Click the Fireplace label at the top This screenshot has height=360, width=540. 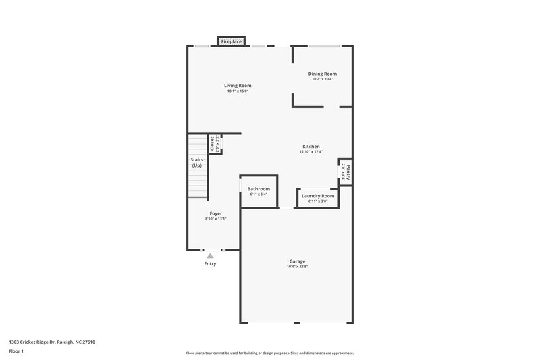[232, 42]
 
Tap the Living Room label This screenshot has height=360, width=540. [238, 86]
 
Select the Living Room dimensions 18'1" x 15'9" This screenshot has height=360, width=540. [238, 91]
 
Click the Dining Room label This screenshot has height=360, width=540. [322, 74]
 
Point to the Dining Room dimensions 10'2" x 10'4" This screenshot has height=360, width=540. [322, 79]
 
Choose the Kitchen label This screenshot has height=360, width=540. [310, 147]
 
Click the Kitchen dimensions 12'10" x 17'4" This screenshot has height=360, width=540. [310, 152]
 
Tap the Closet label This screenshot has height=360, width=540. [212, 144]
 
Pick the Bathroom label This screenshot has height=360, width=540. [259, 189]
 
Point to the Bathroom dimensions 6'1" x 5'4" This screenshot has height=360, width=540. [259, 195]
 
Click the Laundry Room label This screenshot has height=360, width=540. [318, 196]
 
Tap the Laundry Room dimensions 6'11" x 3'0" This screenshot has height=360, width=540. [318, 201]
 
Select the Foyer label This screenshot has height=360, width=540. [215, 213]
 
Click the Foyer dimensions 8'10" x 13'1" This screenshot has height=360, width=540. [215, 219]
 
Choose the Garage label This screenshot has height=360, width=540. [297, 261]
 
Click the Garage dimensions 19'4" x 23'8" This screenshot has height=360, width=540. [297, 267]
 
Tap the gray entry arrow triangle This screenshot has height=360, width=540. [210, 255]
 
